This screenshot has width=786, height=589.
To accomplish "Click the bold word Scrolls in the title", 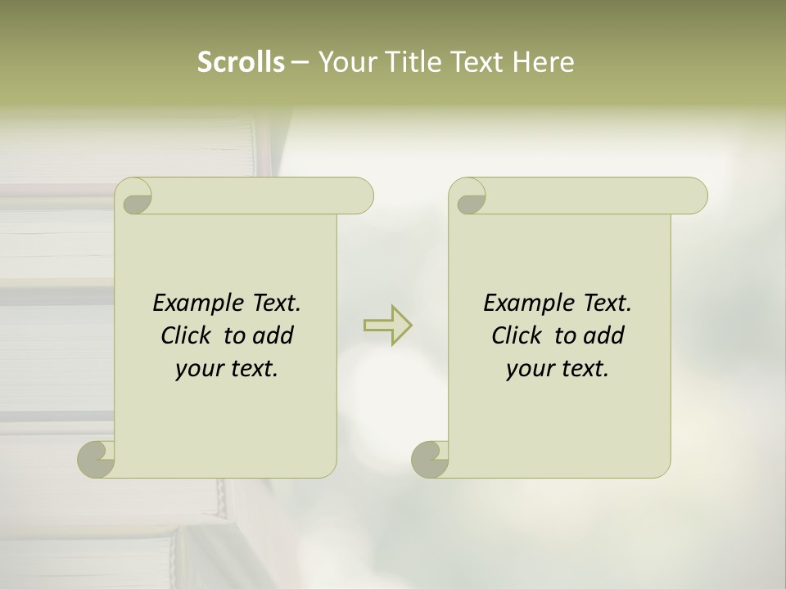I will click(241, 62).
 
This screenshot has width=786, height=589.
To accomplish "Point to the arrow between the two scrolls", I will click(388, 325).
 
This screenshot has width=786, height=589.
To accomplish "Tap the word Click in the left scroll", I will click(186, 335).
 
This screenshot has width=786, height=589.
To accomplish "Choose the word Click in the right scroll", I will click(517, 335).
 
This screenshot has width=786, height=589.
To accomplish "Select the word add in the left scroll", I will click(273, 335).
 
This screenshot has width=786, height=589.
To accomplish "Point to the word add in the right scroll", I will click(604, 335).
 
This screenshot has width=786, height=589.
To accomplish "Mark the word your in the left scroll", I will click(197, 369).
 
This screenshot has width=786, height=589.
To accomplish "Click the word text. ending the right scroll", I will click(583, 369).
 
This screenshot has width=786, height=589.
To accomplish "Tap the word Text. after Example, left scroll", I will click(276, 303).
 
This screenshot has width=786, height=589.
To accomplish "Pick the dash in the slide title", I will click(300, 62).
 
